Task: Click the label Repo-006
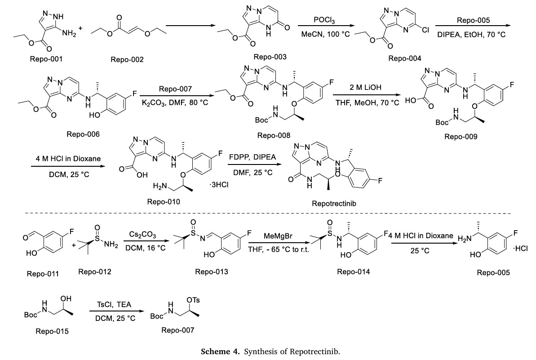(83, 134)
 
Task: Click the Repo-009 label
(461, 137)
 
